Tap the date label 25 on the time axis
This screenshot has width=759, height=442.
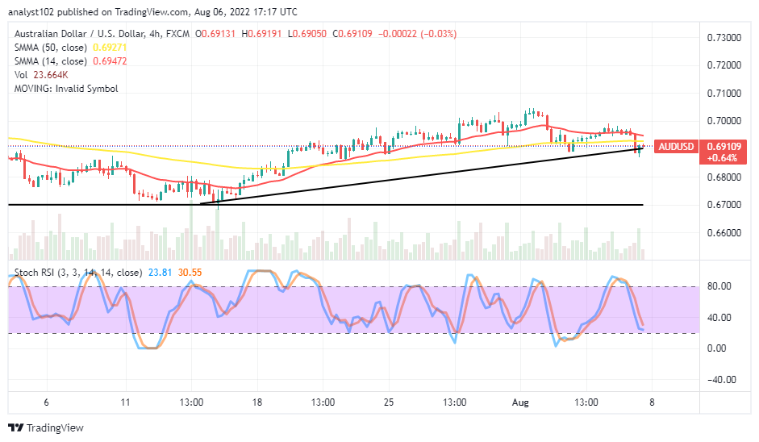click(x=388, y=402)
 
